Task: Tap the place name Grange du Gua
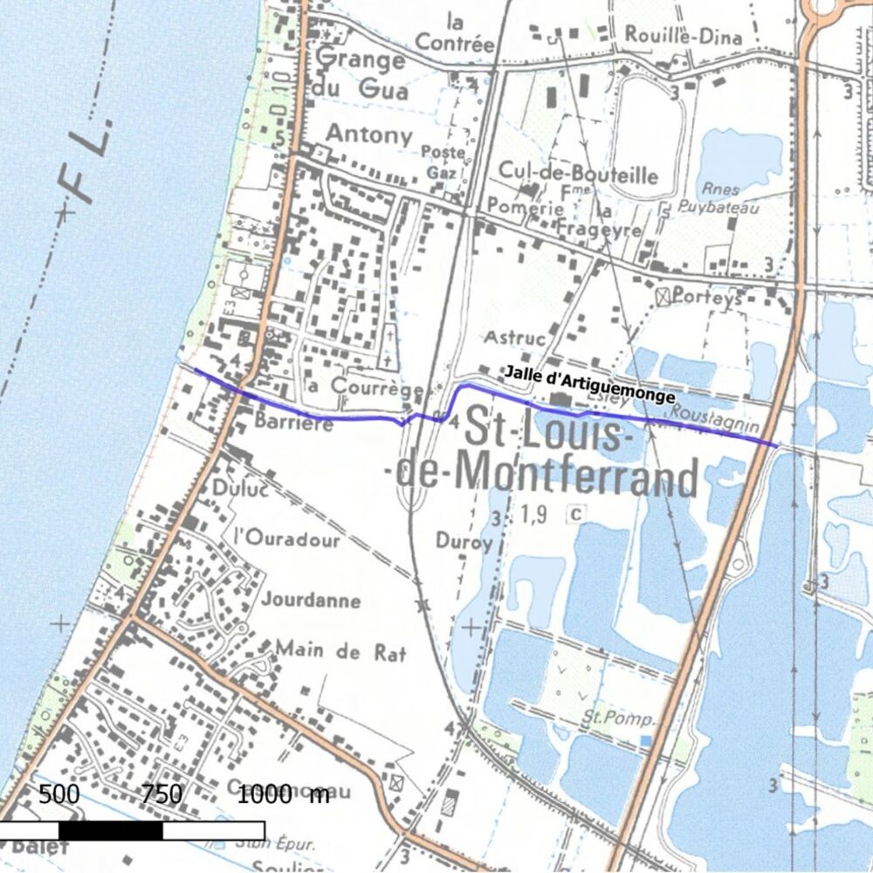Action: click(x=361, y=73)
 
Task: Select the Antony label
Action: click(x=368, y=134)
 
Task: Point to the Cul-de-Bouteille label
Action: click(x=578, y=172)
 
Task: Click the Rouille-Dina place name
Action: click(x=684, y=37)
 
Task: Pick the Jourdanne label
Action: click(x=311, y=601)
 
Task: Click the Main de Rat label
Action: click(x=340, y=650)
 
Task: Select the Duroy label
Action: click(x=464, y=542)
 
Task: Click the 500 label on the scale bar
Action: click(x=59, y=794)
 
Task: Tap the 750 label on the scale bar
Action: click(x=162, y=794)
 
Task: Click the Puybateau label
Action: click(x=717, y=208)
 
